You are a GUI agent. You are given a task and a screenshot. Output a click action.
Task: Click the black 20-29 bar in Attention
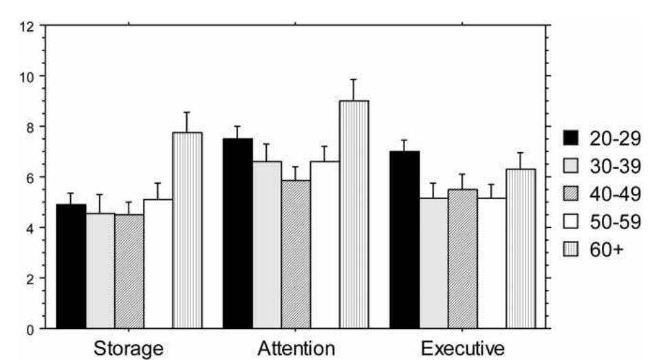[238, 234]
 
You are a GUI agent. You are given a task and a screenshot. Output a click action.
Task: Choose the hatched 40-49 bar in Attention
[296, 255]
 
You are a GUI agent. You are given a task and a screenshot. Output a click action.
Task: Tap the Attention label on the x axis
[296, 348]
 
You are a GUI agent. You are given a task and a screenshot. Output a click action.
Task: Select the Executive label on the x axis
[463, 348]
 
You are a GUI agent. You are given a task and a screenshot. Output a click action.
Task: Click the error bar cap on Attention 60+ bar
[354, 79]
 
